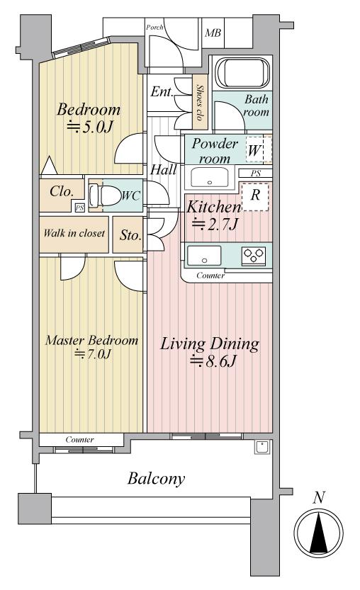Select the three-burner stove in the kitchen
pyautogui.click(x=254, y=256)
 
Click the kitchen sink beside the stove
pyautogui.click(x=204, y=256)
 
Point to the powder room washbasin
pyautogui.click(x=209, y=177)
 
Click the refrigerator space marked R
pyautogui.click(x=255, y=196)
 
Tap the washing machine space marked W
pyautogui.click(x=254, y=150)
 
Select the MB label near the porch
pyautogui.click(x=213, y=33)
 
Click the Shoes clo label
pyautogui.click(x=199, y=102)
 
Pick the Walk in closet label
pyautogui.click(x=74, y=233)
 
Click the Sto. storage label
pyautogui.click(x=130, y=236)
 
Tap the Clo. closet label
pyautogui.click(x=62, y=192)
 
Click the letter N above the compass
pyautogui.click(x=319, y=498)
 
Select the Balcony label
pyautogui.click(x=157, y=479)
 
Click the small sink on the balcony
pyautogui.click(x=261, y=447)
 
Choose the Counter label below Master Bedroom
pyautogui.click(x=80, y=439)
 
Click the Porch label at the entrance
pyautogui.click(x=154, y=28)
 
